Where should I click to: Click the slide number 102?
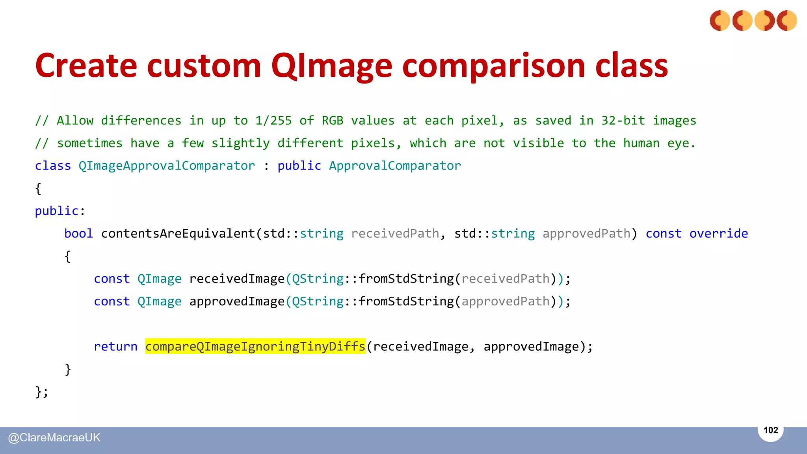(x=771, y=430)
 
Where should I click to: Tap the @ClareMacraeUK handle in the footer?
(x=54, y=437)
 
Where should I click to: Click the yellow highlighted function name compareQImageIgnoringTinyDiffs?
(x=255, y=346)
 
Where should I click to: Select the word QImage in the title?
(x=331, y=66)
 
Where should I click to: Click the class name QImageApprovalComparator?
(x=167, y=166)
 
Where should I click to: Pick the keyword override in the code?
(x=718, y=234)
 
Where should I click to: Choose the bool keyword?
(x=78, y=234)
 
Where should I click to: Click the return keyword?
(x=115, y=346)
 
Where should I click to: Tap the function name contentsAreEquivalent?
(x=178, y=234)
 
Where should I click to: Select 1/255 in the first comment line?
(x=273, y=121)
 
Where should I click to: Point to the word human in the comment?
(x=641, y=143)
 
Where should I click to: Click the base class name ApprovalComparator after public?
(x=395, y=166)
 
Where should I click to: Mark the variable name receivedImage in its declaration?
(x=237, y=279)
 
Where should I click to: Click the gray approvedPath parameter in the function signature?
(x=586, y=234)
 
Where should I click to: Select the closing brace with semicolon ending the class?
(x=41, y=392)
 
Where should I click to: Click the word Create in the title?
(x=86, y=66)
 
